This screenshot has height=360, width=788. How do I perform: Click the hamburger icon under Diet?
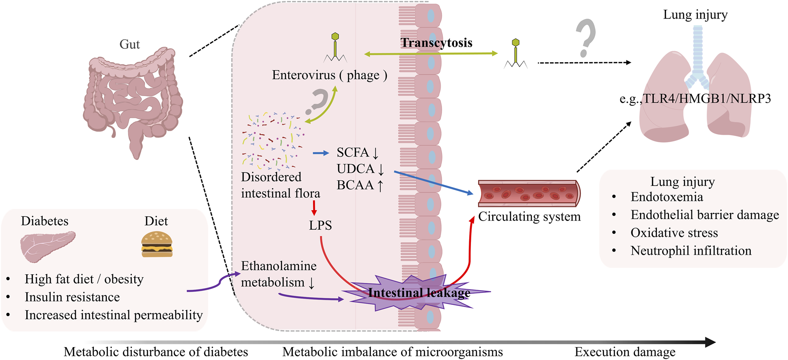pos(157,244)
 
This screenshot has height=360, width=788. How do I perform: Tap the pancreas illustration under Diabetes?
pos(47,246)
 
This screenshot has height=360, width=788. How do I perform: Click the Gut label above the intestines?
pos(129,44)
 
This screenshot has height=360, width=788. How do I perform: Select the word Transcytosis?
pos(436,43)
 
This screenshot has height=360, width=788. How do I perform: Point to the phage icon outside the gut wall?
pos(515,54)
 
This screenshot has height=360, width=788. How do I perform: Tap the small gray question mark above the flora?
pos(318,101)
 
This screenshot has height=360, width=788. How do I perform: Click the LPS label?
pos(320,225)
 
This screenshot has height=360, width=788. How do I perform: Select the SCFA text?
pos(353,152)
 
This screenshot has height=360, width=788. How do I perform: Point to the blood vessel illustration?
pos(529,193)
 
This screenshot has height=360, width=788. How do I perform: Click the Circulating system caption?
pos(529,216)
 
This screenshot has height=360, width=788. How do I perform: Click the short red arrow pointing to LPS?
pos(314,208)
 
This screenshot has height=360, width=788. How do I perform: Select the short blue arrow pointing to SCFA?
pos(321,153)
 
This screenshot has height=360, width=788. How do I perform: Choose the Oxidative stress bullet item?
pos(674,233)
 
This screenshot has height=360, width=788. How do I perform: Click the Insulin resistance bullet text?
pos(72,297)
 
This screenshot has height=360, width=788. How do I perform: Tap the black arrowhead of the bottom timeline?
pos(710,342)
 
